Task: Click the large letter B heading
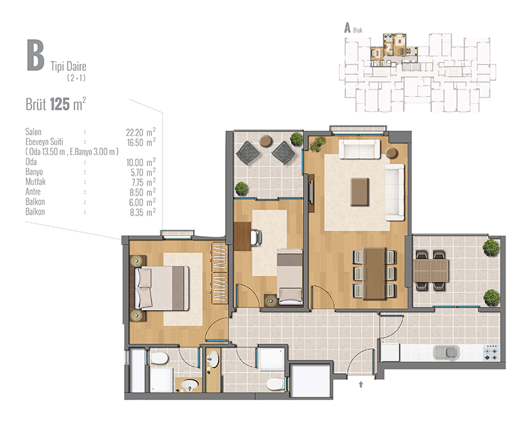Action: (36, 55)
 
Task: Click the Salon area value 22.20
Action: (134, 133)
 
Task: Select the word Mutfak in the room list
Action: (36, 182)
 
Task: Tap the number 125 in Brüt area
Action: (60, 104)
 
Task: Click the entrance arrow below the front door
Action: (360, 384)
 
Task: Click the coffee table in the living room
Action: (360, 192)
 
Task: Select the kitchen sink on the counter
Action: (447, 352)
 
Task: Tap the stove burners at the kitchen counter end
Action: (492, 352)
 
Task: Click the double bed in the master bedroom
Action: (162, 288)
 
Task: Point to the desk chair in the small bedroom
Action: (256, 237)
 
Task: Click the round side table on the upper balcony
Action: (266, 141)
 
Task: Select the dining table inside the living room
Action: (374, 273)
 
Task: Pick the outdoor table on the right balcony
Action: (431, 271)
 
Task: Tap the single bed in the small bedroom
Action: (290, 276)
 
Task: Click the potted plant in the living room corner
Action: (317, 144)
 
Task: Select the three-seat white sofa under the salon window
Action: (359, 149)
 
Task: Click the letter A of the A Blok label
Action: (347, 28)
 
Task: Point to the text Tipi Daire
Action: (68, 66)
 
